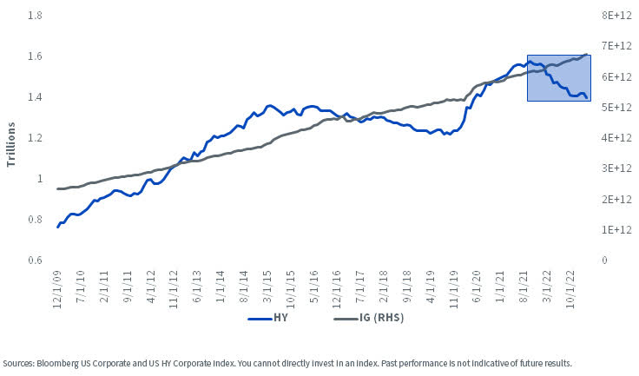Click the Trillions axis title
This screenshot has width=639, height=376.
point(13,138)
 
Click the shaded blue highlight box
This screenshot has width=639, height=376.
point(559,78)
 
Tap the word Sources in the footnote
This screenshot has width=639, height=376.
point(18,363)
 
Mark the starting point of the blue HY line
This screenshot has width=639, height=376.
point(57,228)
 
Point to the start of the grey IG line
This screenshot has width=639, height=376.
point(57,188)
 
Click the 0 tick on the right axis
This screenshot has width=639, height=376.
point(605,261)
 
